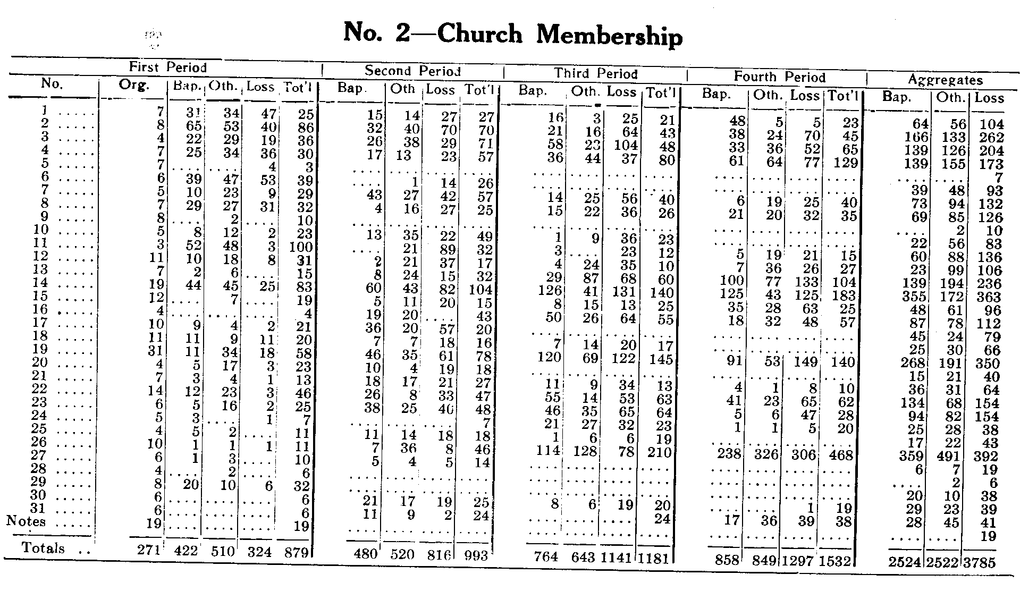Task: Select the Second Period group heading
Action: coord(412,71)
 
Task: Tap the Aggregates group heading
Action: coord(946,81)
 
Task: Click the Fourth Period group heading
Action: coord(779,78)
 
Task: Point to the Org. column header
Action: coord(134,86)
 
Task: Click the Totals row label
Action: coord(44,548)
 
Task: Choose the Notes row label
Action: coord(26,521)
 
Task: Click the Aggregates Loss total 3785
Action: coord(979,562)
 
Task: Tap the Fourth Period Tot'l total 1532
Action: coord(835,561)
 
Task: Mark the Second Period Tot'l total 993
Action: coord(476,555)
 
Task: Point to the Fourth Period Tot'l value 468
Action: coord(841,455)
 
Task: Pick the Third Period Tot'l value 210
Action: coord(660,453)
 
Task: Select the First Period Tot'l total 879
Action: coord(297,552)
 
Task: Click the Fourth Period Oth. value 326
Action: coord(766,455)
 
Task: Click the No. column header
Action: coord(52,84)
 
